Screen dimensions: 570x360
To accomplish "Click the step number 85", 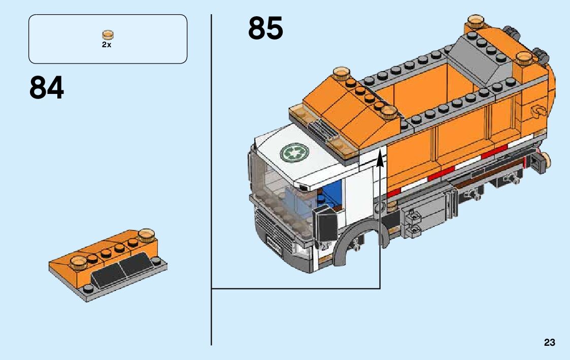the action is click(265, 28).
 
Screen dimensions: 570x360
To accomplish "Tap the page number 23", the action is click(549, 342).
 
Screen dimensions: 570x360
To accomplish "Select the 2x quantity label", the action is click(107, 45).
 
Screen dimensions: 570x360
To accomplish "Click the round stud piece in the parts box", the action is click(108, 35).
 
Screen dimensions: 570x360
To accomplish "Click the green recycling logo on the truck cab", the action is click(294, 151).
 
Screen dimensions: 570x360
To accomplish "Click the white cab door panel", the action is click(358, 203).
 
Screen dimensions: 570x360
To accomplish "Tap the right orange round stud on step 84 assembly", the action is click(146, 235).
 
